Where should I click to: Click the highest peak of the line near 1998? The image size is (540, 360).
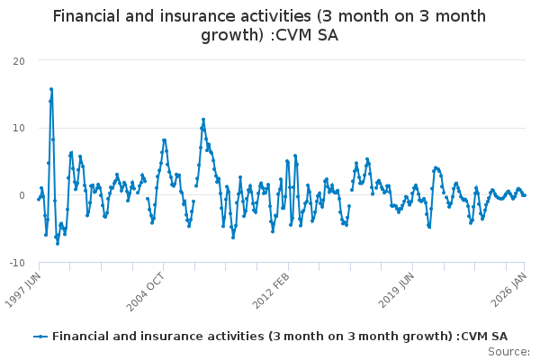[x=51, y=89]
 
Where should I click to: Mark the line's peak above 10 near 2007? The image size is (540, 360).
[x=203, y=119]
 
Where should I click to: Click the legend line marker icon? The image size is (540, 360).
[x=40, y=337]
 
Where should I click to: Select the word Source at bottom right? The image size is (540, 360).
[x=507, y=351]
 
